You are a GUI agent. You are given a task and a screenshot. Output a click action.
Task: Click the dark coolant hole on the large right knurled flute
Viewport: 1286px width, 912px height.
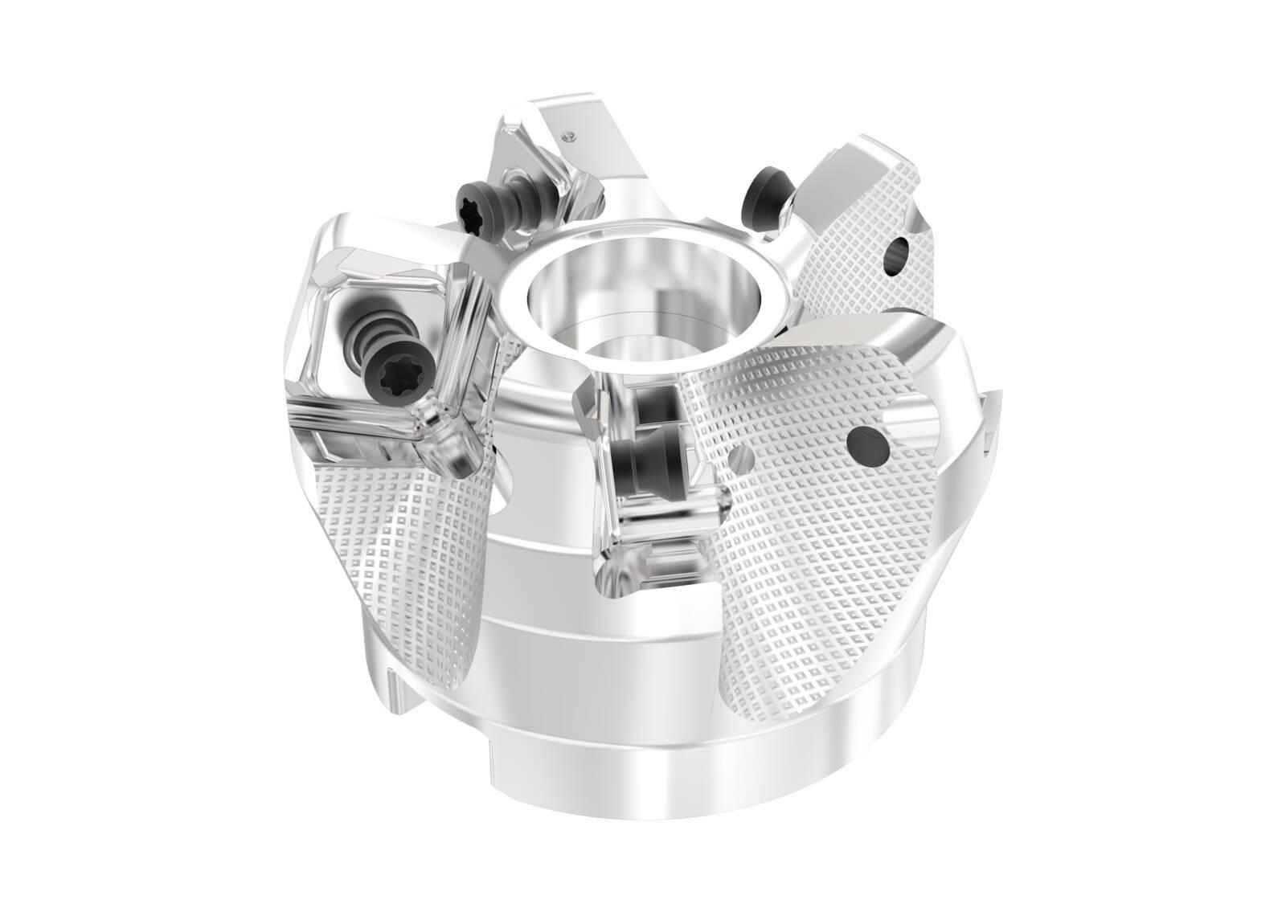[866, 441]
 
